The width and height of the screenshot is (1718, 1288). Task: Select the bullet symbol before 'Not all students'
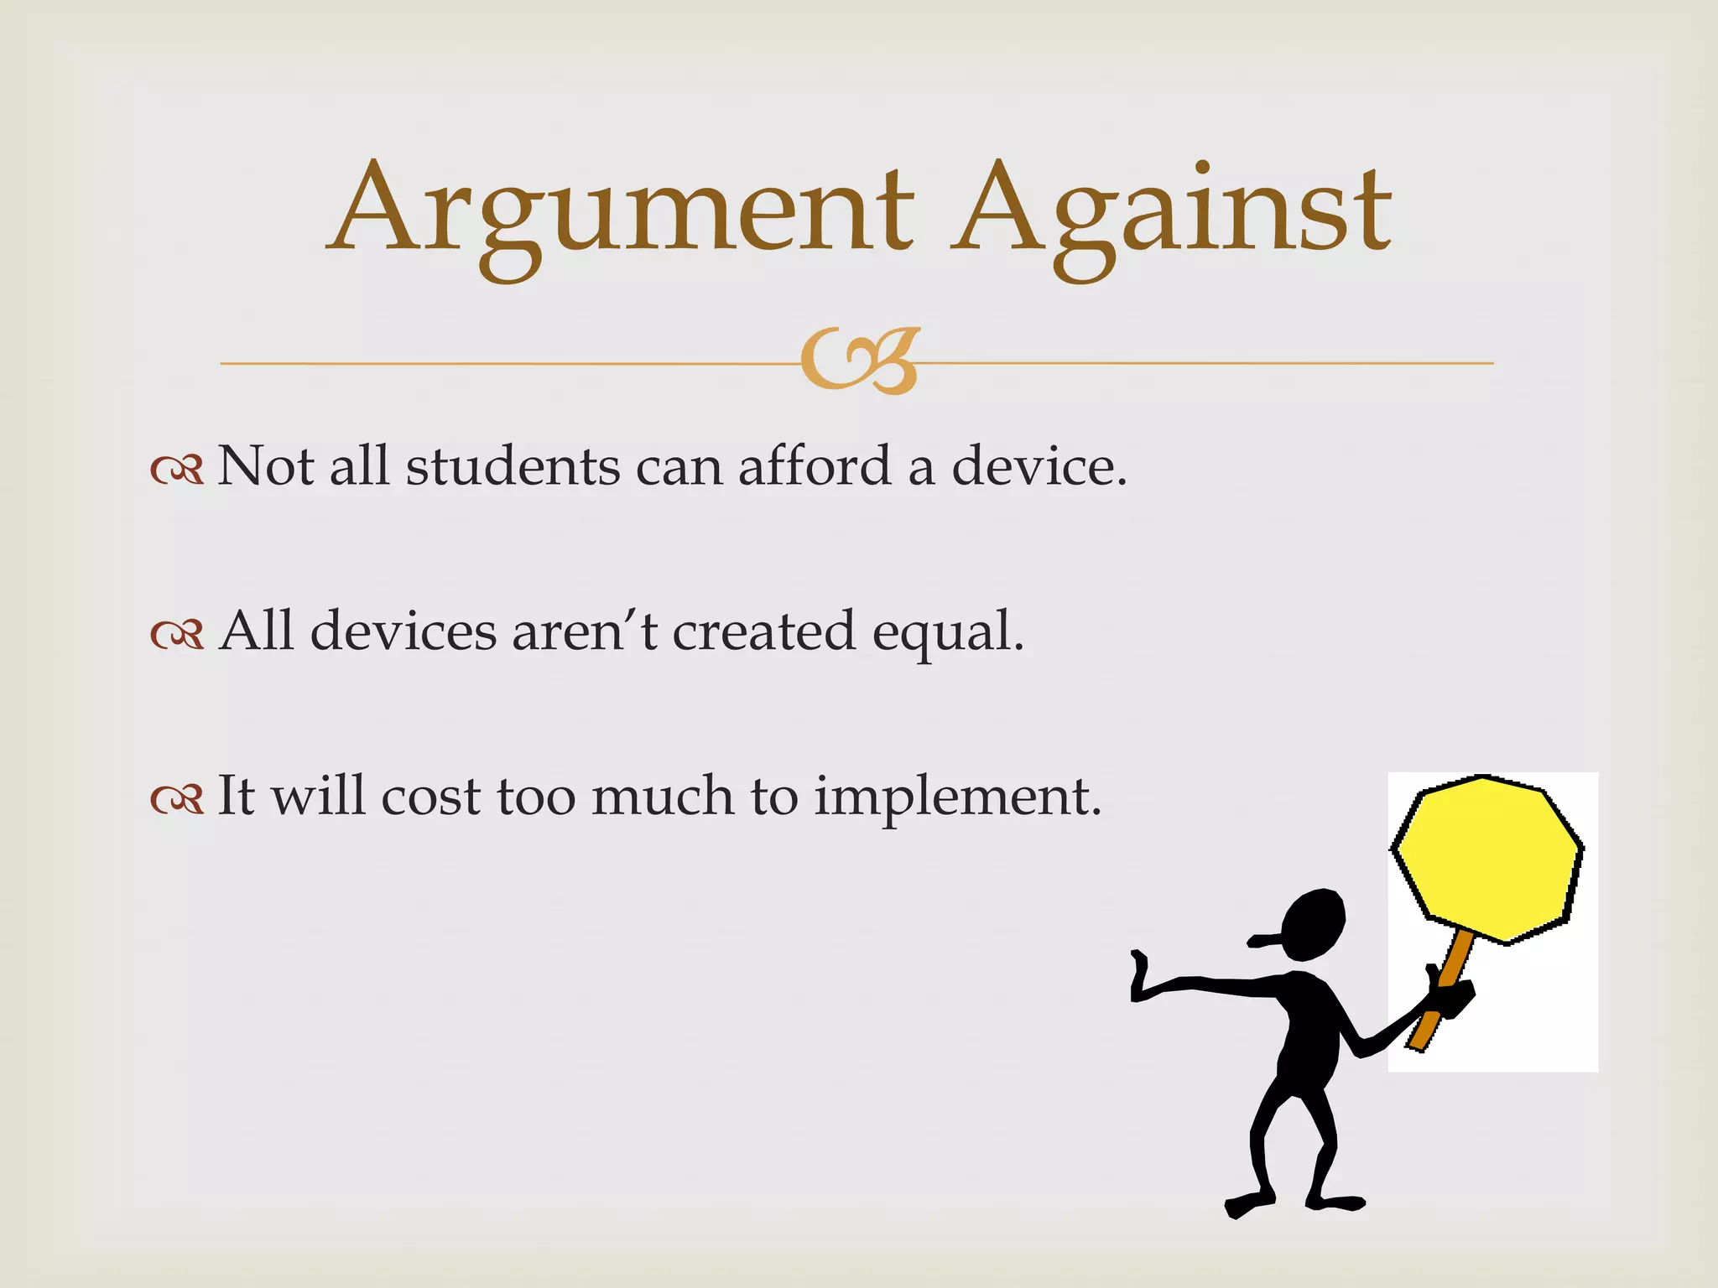177,470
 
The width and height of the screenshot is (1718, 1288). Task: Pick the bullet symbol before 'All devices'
177,635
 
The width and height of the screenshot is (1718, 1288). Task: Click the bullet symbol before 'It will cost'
177,799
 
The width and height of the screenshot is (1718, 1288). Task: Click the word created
763,631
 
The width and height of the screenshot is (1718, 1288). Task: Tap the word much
662,796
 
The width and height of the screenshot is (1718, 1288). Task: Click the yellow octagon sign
1487,859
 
